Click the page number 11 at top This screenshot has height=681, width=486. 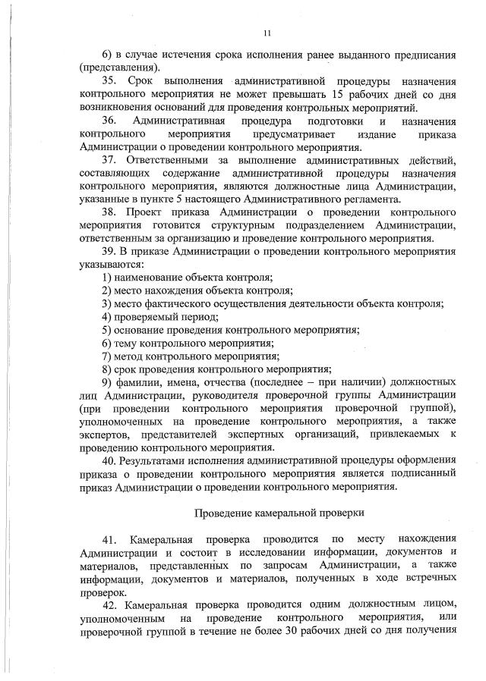point(267,33)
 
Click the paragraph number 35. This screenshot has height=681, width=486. point(109,80)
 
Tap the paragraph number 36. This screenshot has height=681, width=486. point(109,121)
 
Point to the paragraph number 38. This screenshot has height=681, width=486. point(109,213)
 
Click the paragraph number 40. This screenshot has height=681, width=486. point(109,460)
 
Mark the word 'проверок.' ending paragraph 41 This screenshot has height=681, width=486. point(100,594)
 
